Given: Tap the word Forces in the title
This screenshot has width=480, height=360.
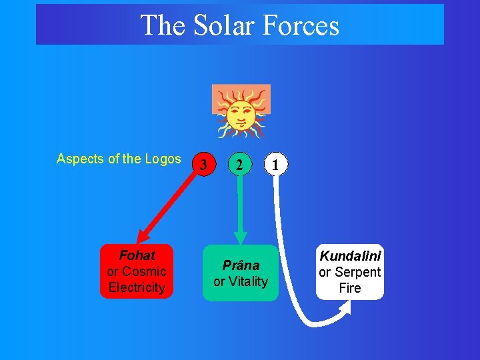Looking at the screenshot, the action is (301, 25).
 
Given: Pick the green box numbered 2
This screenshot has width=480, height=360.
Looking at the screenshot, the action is (239, 163).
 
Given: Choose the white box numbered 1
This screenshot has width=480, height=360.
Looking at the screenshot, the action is (276, 163).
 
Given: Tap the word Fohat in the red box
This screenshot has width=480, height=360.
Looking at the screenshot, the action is (137, 255).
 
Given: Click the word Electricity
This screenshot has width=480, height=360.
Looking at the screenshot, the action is (137, 287).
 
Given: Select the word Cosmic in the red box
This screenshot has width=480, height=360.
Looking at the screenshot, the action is (144, 271).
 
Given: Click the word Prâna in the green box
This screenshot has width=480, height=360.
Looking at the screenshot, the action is (241, 265).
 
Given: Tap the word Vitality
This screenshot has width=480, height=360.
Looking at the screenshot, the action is (248, 281).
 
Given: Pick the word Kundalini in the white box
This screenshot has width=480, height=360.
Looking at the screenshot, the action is (350, 256).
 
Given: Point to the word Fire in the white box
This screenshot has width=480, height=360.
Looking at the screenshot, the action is (350, 288).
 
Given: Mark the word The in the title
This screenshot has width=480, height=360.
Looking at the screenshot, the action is (163, 25).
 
